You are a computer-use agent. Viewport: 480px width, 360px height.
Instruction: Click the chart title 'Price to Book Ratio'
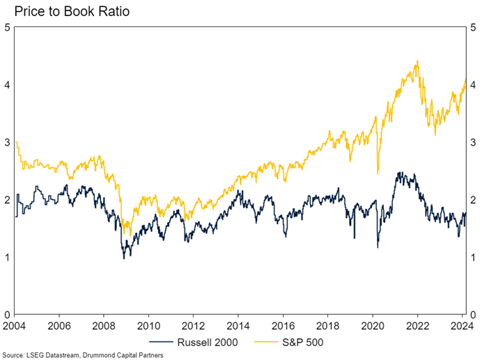pyautogui.click(x=67, y=12)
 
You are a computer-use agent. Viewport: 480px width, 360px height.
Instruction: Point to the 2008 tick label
pyautogui.click(x=104, y=324)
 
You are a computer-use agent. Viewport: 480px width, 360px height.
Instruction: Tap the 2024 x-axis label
pyautogui.click(x=460, y=324)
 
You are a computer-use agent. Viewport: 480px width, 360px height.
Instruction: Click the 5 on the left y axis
pyautogui.click(x=7, y=28)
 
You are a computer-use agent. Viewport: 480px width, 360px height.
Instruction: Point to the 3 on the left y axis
pyautogui.click(x=7, y=143)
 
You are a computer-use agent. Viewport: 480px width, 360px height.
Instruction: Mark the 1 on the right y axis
pyautogui.click(x=472, y=258)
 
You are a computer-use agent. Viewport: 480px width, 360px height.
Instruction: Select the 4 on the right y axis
pyautogui.click(x=472, y=85)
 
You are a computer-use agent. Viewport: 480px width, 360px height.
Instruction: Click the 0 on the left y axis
pyautogui.click(x=7, y=315)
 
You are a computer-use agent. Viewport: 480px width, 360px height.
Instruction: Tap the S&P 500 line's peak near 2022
pyautogui.click(x=417, y=61)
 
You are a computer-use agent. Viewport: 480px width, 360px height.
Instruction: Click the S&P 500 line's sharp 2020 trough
pyautogui.click(x=377, y=173)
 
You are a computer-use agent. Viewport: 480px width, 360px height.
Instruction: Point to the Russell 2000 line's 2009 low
pyautogui.click(x=124, y=258)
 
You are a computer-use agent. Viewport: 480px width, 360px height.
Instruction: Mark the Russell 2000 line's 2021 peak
pyautogui.click(x=398, y=173)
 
